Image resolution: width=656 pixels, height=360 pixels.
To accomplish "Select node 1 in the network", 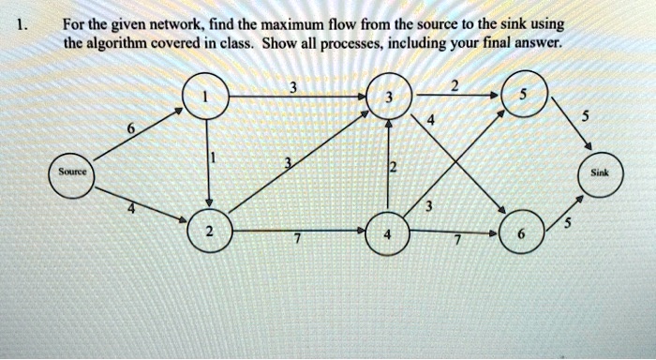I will coord(208,97).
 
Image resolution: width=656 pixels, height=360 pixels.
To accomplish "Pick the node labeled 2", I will coord(208,232).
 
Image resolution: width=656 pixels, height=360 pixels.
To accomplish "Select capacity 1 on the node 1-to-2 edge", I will coord(215,160).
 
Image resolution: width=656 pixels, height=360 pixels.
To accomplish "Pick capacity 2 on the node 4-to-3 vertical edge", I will coord(395,168).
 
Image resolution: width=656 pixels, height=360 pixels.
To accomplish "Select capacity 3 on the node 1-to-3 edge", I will coord(293,89).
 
